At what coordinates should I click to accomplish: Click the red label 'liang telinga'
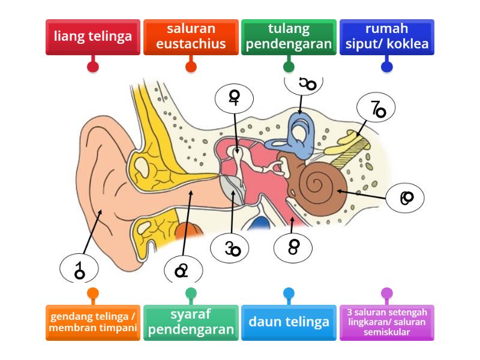click(92, 37)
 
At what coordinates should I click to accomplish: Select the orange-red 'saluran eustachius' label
click(191, 37)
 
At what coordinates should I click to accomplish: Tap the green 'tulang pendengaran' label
click(289, 37)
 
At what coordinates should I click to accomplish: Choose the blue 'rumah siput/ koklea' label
click(386, 37)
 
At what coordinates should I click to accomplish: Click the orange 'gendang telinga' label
click(92, 323)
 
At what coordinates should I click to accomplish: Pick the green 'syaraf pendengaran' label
click(191, 323)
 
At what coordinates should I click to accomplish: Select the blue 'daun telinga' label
click(289, 323)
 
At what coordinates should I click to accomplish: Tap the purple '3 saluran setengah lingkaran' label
click(386, 323)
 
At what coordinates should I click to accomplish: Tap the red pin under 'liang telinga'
click(92, 66)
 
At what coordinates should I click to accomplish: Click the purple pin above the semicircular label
click(386, 293)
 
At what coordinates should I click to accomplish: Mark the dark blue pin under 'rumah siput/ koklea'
click(386, 66)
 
